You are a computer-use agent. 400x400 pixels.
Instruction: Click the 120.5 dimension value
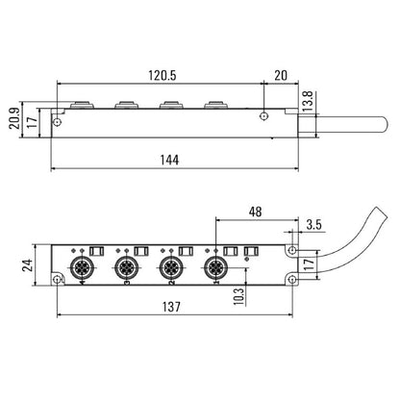pyautogui.click(x=160, y=72)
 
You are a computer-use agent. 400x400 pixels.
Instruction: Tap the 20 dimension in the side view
pyautogui.click(x=279, y=72)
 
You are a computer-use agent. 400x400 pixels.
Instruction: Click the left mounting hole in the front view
pyautogui.click(x=58, y=278)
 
